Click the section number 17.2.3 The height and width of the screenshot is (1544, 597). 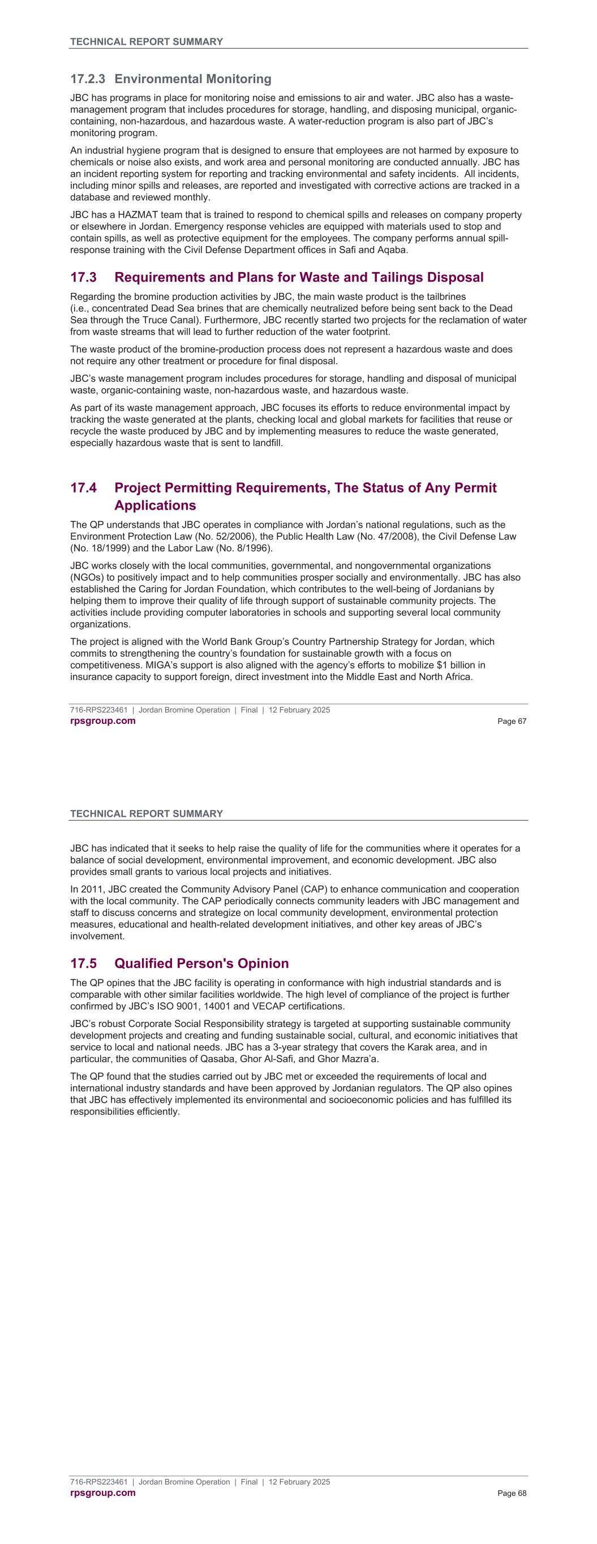click(x=88, y=79)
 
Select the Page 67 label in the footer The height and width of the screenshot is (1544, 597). click(x=512, y=722)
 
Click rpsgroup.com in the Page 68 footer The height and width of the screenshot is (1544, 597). click(x=102, y=1493)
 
